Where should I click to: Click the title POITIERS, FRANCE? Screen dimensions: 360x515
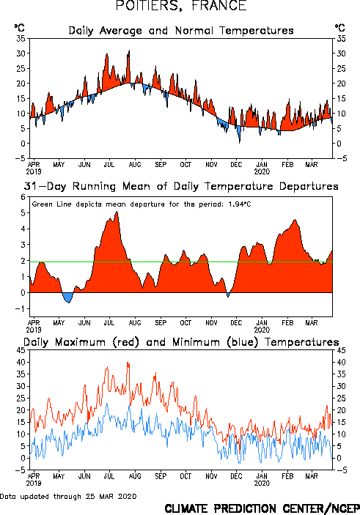point(181,6)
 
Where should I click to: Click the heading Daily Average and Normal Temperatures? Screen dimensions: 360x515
point(181,31)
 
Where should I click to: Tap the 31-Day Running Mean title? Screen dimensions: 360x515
point(181,186)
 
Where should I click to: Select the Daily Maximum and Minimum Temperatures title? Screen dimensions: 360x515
point(181,342)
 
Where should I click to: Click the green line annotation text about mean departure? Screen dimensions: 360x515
point(142,204)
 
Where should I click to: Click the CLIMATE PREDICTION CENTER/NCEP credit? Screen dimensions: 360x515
point(262,508)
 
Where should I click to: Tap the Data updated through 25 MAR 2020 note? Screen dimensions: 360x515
point(68,496)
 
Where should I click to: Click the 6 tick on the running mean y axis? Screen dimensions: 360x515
point(23,197)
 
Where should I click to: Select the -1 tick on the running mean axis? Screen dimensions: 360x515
point(21,308)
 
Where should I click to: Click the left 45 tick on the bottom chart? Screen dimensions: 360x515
point(21,350)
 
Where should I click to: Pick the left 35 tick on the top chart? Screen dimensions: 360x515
point(21,38)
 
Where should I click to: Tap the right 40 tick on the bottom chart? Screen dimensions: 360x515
point(341,363)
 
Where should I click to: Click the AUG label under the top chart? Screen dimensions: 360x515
point(135,165)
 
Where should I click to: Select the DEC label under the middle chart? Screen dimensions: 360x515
point(236,323)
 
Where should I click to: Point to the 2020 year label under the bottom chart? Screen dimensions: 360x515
point(262,483)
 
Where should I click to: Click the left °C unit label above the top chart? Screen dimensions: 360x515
point(19,27)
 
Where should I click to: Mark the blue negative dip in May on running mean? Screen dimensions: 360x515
point(68,297)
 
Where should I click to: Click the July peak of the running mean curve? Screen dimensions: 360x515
point(117,212)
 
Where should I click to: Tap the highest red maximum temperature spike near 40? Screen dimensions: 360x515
point(128,363)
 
